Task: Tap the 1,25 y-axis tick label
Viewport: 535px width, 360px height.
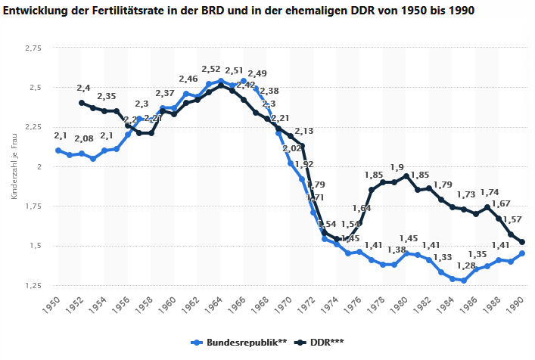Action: (32, 285)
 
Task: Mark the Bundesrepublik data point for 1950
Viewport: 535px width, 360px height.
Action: (58, 151)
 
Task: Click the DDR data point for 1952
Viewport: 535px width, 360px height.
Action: (81, 103)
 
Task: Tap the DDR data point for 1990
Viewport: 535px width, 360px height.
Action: (522, 242)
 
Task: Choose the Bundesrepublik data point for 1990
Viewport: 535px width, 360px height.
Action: (522, 253)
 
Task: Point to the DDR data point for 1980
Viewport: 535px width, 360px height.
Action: (406, 176)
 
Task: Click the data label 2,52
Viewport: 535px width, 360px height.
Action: (211, 70)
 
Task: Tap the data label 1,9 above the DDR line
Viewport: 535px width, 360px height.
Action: (397, 167)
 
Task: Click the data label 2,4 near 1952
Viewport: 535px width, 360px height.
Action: (83, 88)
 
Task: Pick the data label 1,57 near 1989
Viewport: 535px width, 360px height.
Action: (512, 219)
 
